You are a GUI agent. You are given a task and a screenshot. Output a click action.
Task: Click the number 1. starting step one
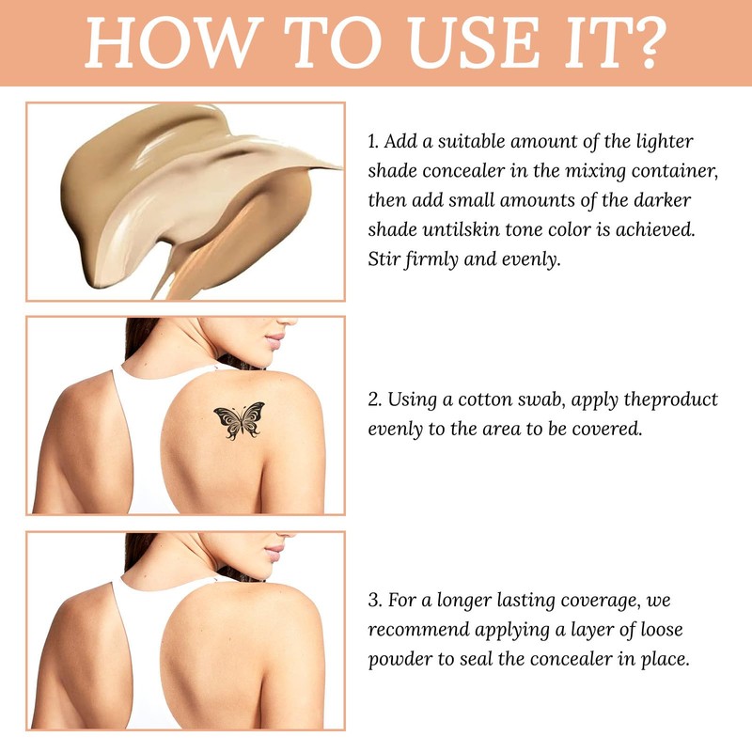373,142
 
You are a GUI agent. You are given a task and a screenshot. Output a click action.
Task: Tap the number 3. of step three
374,599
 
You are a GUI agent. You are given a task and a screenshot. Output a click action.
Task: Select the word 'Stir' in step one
384,259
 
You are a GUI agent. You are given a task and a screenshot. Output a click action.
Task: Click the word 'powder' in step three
399,659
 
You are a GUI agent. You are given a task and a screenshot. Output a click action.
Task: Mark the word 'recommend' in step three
419,629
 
